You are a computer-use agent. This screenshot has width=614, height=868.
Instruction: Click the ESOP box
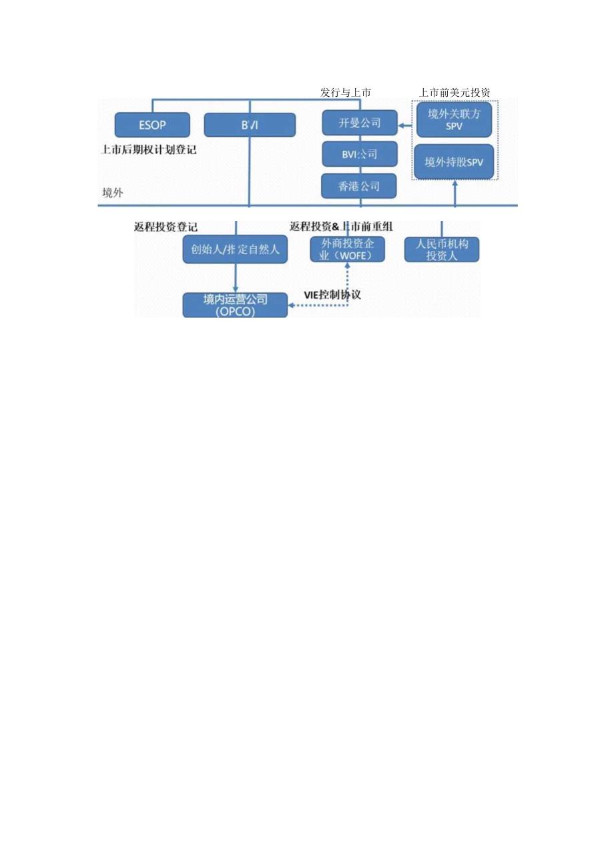click(152, 125)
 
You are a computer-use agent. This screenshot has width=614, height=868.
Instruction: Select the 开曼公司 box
click(360, 123)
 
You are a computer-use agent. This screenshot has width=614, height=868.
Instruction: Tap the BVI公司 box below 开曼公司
click(360, 155)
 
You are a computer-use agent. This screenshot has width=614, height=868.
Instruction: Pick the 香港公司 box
click(360, 186)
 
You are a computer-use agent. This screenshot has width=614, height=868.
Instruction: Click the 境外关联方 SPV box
click(454, 119)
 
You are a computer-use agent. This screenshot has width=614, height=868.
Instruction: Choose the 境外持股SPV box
click(454, 161)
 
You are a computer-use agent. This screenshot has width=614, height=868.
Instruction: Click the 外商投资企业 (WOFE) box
click(348, 249)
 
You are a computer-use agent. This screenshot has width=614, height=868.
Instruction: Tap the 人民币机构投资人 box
click(442, 249)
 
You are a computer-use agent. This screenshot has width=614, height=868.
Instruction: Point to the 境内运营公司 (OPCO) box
click(236, 305)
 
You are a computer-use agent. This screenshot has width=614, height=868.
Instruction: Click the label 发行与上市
click(345, 92)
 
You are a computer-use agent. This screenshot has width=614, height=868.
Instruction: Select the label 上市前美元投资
click(454, 92)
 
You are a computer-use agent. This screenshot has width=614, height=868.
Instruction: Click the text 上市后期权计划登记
click(149, 150)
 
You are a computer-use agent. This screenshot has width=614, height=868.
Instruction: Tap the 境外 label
click(113, 193)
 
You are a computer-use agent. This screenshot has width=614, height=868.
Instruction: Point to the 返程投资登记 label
click(166, 227)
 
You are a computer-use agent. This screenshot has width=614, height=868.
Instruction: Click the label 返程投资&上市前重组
click(341, 227)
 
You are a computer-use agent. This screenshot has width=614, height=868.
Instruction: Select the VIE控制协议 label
click(332, 294)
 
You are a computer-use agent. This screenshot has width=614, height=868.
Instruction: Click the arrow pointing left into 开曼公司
click(404, 124)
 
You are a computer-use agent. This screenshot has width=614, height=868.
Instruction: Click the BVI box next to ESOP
click(250, 125)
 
